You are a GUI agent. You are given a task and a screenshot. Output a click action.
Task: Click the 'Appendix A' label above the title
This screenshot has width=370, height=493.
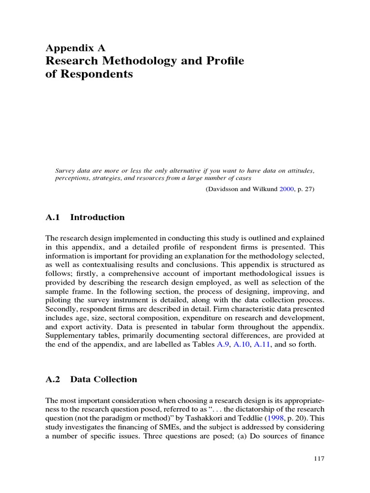point(75,48)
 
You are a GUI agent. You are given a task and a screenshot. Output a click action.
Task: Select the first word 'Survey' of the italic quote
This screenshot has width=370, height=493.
point(66,171)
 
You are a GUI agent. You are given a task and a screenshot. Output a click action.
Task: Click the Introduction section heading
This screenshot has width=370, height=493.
point(97,217)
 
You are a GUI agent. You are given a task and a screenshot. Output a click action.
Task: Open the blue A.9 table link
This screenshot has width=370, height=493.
point(223,345)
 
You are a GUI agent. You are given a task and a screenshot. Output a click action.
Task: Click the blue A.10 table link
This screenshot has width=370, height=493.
point(242,345)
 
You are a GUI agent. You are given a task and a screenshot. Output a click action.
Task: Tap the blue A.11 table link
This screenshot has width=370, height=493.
point(263,345)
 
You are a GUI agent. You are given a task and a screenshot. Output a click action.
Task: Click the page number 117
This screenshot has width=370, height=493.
point(318,459)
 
